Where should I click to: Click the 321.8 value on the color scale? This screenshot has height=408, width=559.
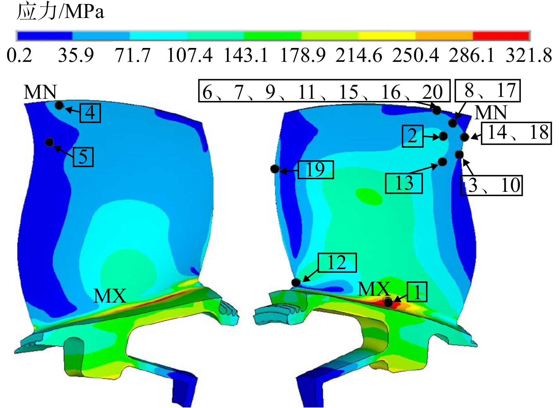point(529,55)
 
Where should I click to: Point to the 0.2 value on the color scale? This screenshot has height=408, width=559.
point(19,55)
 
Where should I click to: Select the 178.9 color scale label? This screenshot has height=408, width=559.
point(303,55)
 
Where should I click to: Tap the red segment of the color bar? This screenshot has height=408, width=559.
point(501,36)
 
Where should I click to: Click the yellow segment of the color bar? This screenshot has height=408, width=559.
point(387,36)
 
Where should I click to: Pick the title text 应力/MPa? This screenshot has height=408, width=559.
point(60,12)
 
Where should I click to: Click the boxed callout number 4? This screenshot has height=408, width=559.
point(90,113)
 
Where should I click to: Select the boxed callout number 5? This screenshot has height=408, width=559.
point(83,157)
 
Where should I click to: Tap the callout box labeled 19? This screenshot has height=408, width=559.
point(316,170)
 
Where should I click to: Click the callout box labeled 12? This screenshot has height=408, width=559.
point(337,263)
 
